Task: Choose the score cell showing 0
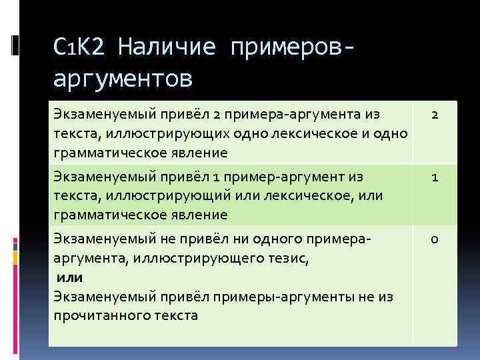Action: pyautogui.click(x=434, y=239)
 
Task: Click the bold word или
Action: pyautogui.click(x=69, y=277)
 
